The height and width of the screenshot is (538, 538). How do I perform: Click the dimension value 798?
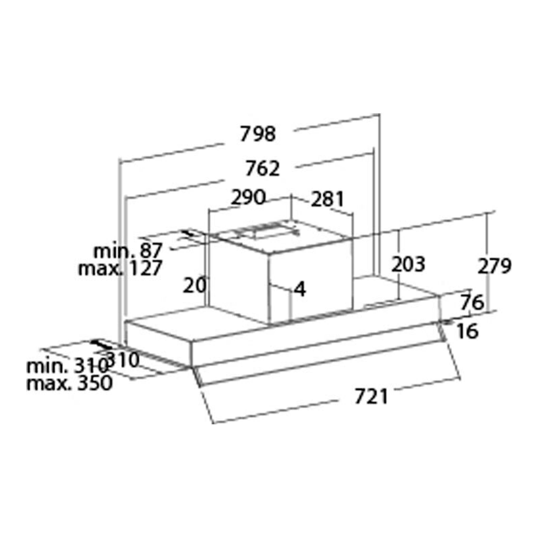point(258,134)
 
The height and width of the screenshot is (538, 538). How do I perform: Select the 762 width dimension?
point(262,169)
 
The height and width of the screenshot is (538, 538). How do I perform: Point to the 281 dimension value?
point(328,199)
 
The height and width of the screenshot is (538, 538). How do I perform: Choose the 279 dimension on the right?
point(494,266)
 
